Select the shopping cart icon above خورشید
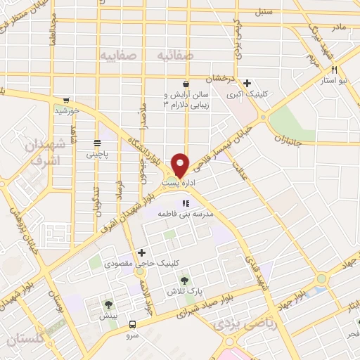66,101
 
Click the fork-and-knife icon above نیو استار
334,70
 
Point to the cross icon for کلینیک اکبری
248,82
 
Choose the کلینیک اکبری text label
246,93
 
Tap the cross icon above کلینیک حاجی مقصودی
143,252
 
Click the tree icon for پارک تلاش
185,280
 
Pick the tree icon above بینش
109,304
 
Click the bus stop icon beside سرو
133,324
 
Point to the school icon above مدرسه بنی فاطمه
186,204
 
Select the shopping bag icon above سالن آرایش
185,82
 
